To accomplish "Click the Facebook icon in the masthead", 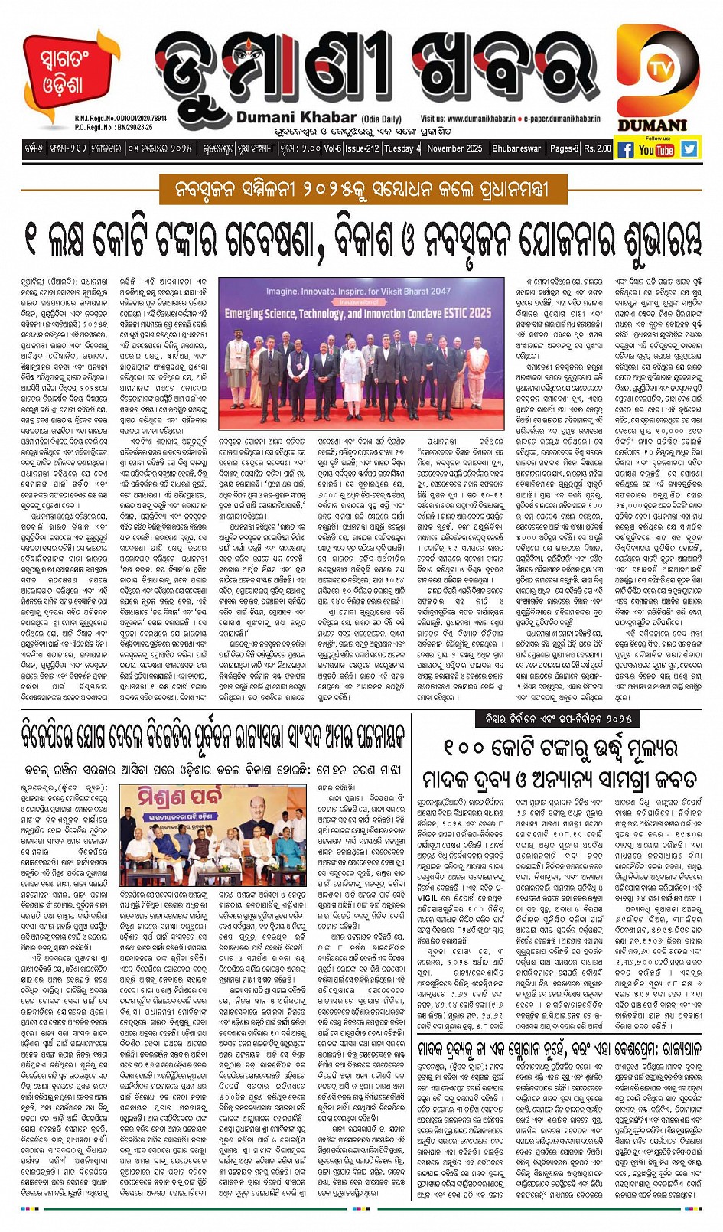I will (x=625, y=149).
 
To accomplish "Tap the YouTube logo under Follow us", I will (x=656, y=150).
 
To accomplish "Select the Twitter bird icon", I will (x=689, y=149).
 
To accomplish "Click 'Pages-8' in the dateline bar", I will (x=565, y=148).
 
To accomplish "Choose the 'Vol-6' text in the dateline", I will (x=332, y=148).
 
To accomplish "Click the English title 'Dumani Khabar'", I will (x=296, y=118).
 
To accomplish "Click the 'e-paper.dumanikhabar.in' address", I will (x=562, y=119).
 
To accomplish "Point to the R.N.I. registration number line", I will (x=121, y=119).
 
